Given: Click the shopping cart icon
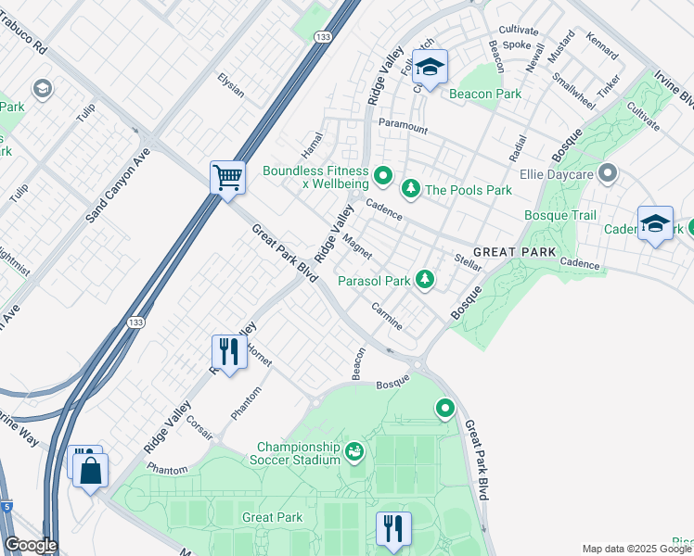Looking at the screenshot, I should click(227, 175).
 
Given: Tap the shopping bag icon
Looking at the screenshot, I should click(91, 470).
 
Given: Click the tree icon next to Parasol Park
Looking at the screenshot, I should click(425, 279).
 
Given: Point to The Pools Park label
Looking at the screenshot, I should click(469, 190).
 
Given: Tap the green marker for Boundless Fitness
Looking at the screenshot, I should click(382, 173).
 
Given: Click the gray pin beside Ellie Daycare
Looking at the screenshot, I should click(609, 172).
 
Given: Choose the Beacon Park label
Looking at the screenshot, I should click(484, 94).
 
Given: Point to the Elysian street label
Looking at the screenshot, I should click(231, 85).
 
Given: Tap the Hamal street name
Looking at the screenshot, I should click(311, 144).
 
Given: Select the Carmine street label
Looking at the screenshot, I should click(387, 316).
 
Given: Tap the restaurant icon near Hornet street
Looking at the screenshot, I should click(227, 351).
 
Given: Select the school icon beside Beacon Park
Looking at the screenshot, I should click(430, 67).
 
